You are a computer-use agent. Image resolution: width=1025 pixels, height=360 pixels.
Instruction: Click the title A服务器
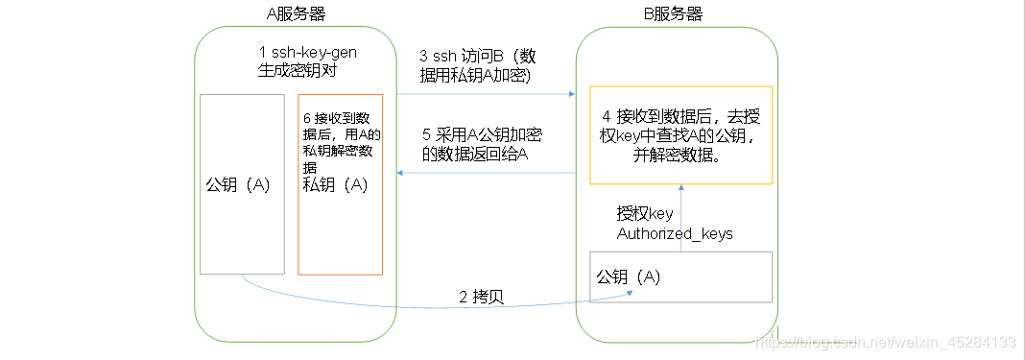click(297, 12)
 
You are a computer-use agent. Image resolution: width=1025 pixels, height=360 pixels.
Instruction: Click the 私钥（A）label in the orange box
click(336, 185)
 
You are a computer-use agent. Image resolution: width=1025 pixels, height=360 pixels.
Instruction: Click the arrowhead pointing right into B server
click(571, 94)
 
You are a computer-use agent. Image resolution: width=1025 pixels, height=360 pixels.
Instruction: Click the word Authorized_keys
click(675, 233)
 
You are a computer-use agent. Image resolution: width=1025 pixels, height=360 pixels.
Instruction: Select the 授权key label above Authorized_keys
click(644, 214)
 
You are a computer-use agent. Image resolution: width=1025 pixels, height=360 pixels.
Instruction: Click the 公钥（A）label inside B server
click(629, 276)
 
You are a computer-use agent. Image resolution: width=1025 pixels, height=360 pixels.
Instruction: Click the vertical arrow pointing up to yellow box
click(680, 190)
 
